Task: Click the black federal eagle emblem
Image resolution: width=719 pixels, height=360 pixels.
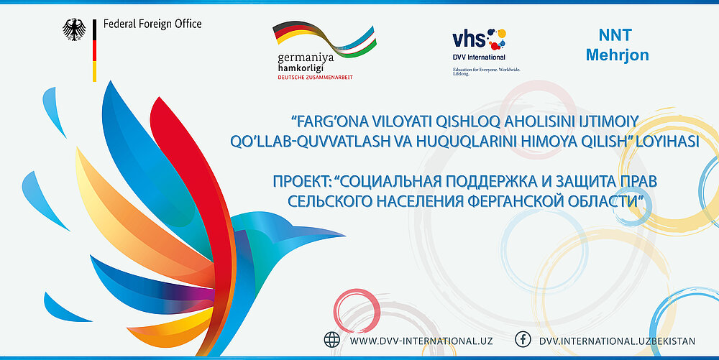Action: coord(74,29)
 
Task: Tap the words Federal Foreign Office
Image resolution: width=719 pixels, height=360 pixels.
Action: coord(152,24)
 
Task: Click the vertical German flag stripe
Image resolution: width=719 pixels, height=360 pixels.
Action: coord(94,50)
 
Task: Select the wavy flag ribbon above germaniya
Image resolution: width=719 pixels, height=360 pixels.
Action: coord(325,39)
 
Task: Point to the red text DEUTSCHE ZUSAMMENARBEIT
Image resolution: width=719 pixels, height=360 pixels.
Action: coord(315,78)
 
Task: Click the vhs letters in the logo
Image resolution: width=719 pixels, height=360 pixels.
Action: coord(469,39)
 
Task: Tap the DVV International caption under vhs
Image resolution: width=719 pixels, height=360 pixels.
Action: coord(479,57)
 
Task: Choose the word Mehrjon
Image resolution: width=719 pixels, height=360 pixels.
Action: coord(617,55)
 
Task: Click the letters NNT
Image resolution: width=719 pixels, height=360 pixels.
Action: coord(615,34)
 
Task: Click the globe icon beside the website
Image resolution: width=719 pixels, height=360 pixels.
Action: coord(332,340)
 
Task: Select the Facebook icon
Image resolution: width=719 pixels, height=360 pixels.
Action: coord(523,340)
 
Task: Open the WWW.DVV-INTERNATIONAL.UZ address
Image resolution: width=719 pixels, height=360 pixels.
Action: coord(421,341)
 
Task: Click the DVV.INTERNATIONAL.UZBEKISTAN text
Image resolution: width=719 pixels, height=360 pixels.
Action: coord(617,341)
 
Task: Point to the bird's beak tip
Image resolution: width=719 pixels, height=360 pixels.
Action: coord(344,236)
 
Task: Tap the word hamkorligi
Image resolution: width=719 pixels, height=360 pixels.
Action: coord(301,68)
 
